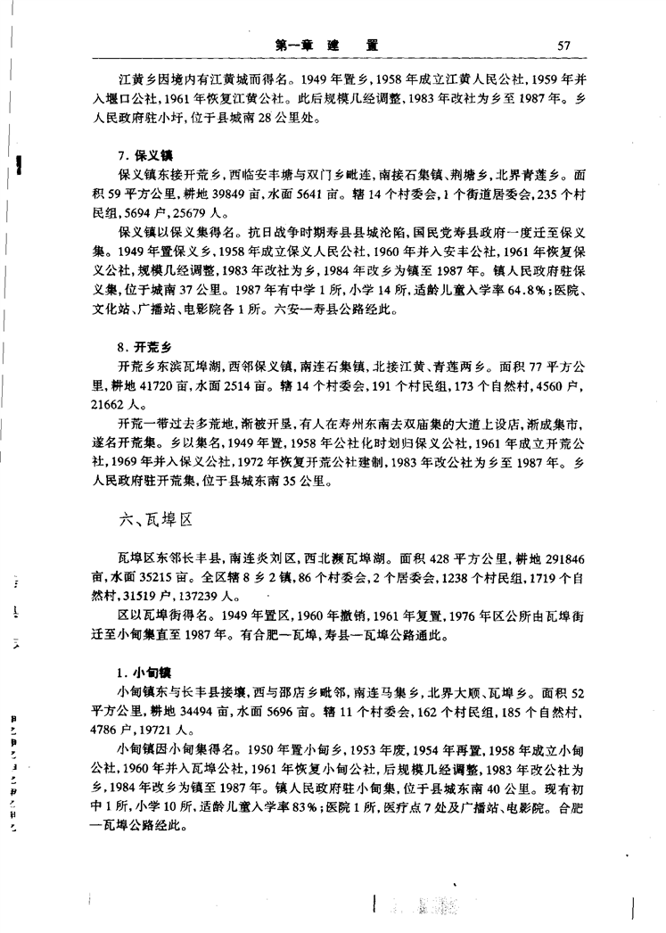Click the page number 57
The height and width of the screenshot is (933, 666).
coord(562,45)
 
